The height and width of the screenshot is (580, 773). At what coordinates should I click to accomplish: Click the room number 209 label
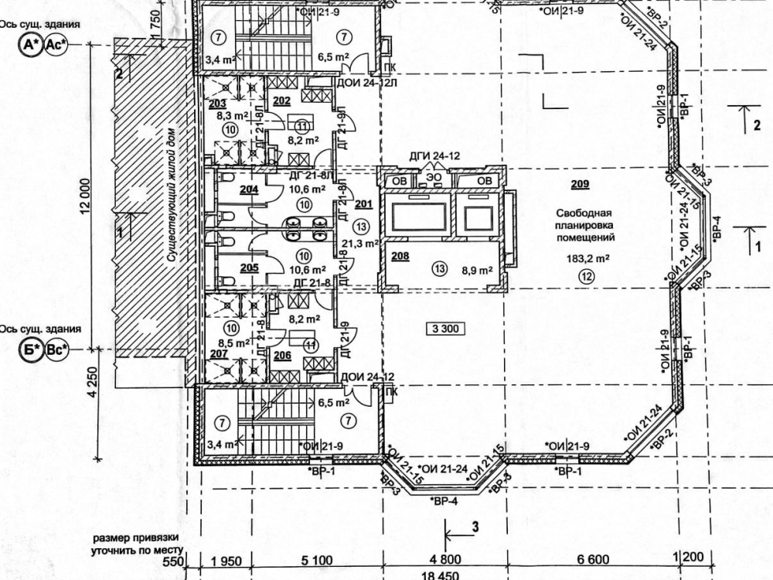coord(581,184)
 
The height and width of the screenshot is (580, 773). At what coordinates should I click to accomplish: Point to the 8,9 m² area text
coord(477,271)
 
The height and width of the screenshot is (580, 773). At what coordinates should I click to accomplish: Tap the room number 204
coord(248,189)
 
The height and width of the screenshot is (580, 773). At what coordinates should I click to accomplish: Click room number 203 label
coord(217,104)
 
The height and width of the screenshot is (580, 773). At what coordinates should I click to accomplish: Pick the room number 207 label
coord(219,354)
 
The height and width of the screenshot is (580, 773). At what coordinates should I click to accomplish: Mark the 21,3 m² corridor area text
coord(359,243)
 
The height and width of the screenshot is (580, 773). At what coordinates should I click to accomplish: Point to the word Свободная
coord(584,212)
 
